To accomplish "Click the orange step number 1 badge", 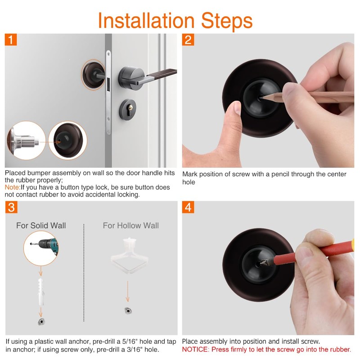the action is pyautogui.click(x=11, y=40).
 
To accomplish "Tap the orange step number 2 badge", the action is pyautogui.click(x=188, y=40).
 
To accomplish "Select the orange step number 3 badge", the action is pyautogui.click(x=11, y=207).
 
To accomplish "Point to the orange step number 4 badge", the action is pyautogui.click(x=188, y=207).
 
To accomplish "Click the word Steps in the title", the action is pyautogui.click(x=227, y=21).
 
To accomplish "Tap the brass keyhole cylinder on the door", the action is pyautogui.click(x=130, y=107).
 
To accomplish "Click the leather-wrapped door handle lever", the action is pyautogui.click(x=162, y=72).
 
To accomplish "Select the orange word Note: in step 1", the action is pyautogui.click(x=13, y=187).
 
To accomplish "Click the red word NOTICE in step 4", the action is pyautogui.click(x=195, y=350).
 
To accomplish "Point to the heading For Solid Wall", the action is pyautogui.click(x=41, y=225).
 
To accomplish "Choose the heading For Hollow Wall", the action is pyautogui.click(x=130, y=225).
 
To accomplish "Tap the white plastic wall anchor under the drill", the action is pyautogui.click(x=40, y=292).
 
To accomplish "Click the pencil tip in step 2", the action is pyautogui.click(x=261, y=98).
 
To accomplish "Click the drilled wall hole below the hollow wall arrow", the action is pyautogui.click(x=128, y=311).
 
